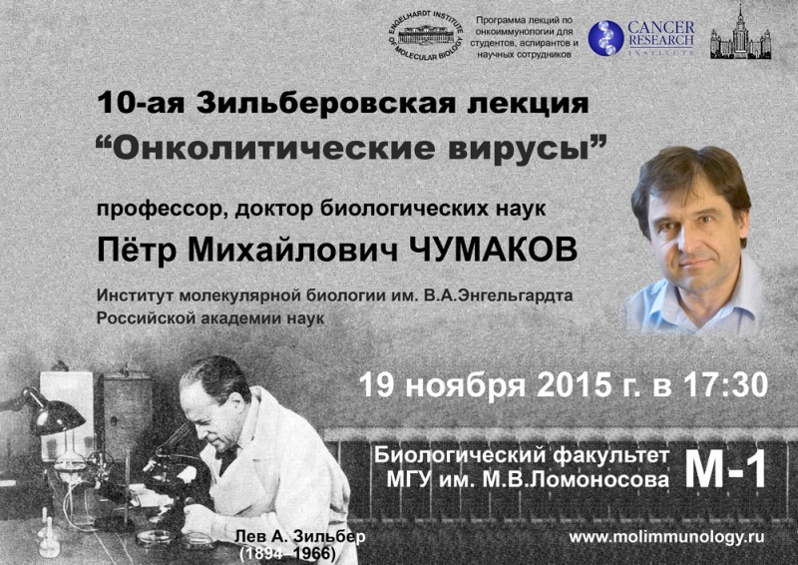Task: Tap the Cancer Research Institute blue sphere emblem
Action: (605, 38)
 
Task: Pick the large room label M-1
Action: (725, 470)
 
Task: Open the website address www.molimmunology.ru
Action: (666, 537)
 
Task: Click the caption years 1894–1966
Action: (287, 554)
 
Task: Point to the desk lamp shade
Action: (57, 414)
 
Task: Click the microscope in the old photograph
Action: (168, 469)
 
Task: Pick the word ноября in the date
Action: (465, 386)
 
